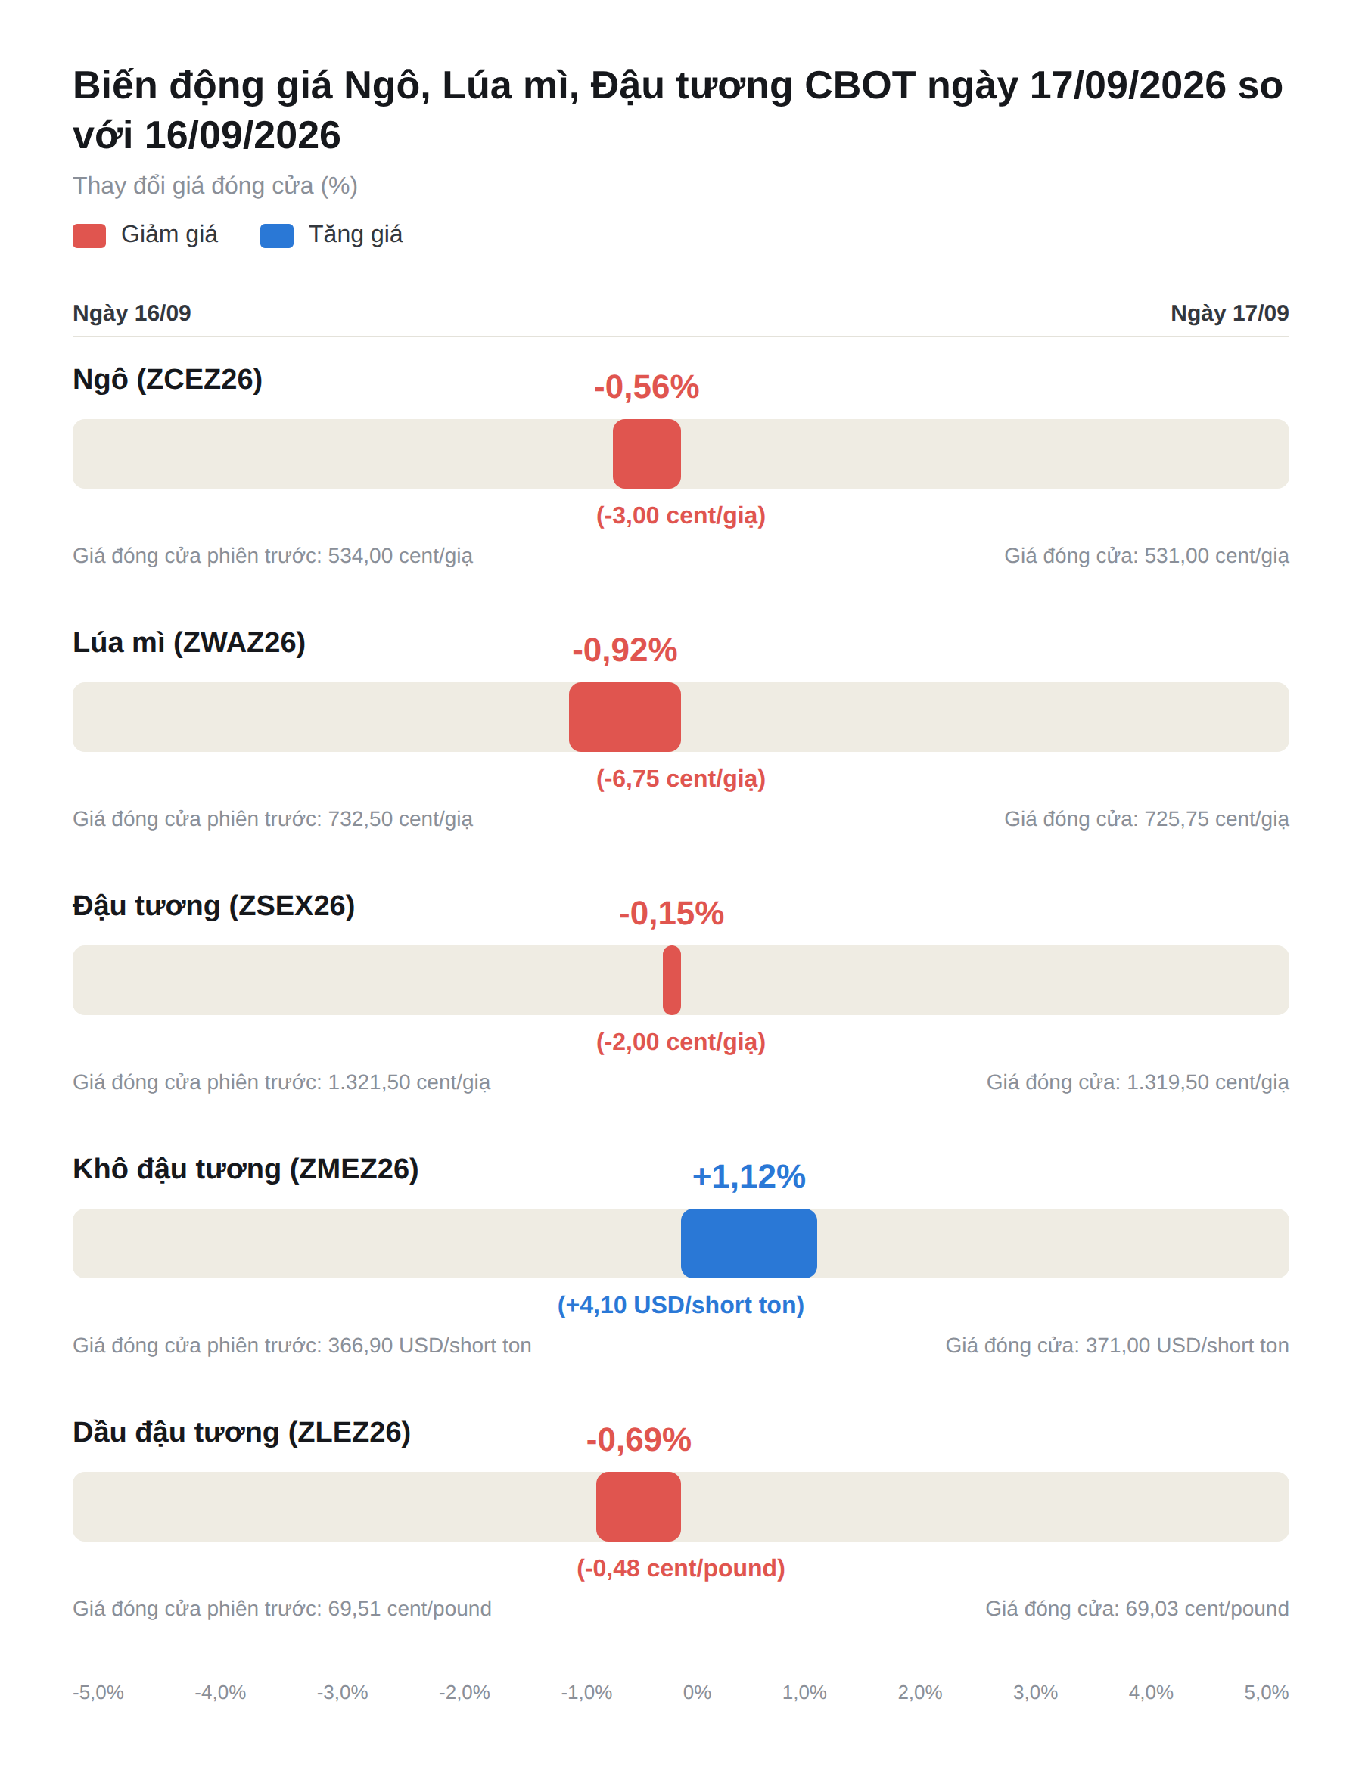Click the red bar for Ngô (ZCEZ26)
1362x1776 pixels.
point(646,454)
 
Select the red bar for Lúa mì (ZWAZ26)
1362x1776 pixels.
point(624,717)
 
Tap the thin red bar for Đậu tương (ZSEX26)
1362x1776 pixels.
point(671,980)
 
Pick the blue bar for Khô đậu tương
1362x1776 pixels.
point(748,1244)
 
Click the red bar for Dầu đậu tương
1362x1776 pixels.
point(638,1507)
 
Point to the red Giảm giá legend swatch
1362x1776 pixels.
point(89,236)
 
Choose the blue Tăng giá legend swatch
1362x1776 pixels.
point(276,236)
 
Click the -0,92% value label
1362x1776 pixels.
point(624,650)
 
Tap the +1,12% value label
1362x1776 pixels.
point(748,1176)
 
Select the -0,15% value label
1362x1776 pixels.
point(671,913)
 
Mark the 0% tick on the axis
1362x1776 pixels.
point(697,1692)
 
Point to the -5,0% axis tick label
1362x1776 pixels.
point(98,1692)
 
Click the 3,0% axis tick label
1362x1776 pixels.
point(1035,1692)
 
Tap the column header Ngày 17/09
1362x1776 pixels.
point(1229,312)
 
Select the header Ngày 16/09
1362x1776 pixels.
point(132,312)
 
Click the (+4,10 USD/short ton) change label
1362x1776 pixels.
point(681,1305)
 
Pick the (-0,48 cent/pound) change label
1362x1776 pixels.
point(681,1568)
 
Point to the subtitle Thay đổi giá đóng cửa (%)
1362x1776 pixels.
point(215,185)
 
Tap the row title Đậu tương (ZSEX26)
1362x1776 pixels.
point(214,906)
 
